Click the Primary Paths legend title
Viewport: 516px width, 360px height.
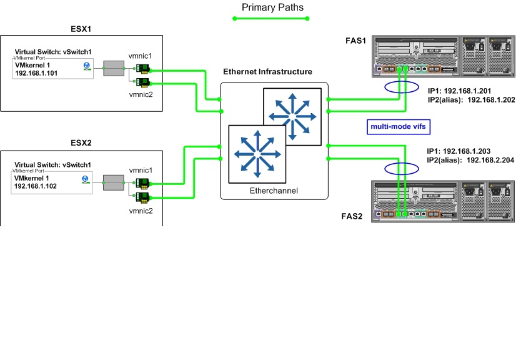tap(272, 7)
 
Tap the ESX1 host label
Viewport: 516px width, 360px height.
tap(82, 29)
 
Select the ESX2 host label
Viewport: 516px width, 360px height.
tap(82, 142)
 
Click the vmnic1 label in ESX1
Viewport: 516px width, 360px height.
tap(141, 56)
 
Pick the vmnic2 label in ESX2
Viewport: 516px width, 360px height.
tap(141, 211)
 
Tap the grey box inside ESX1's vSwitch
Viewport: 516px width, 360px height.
tap(114, 68)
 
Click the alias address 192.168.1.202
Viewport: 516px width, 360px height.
tap(491, 99)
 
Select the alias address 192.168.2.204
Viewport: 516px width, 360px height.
tap(491, 160)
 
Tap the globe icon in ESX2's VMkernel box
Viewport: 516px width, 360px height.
tap(86, 179)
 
